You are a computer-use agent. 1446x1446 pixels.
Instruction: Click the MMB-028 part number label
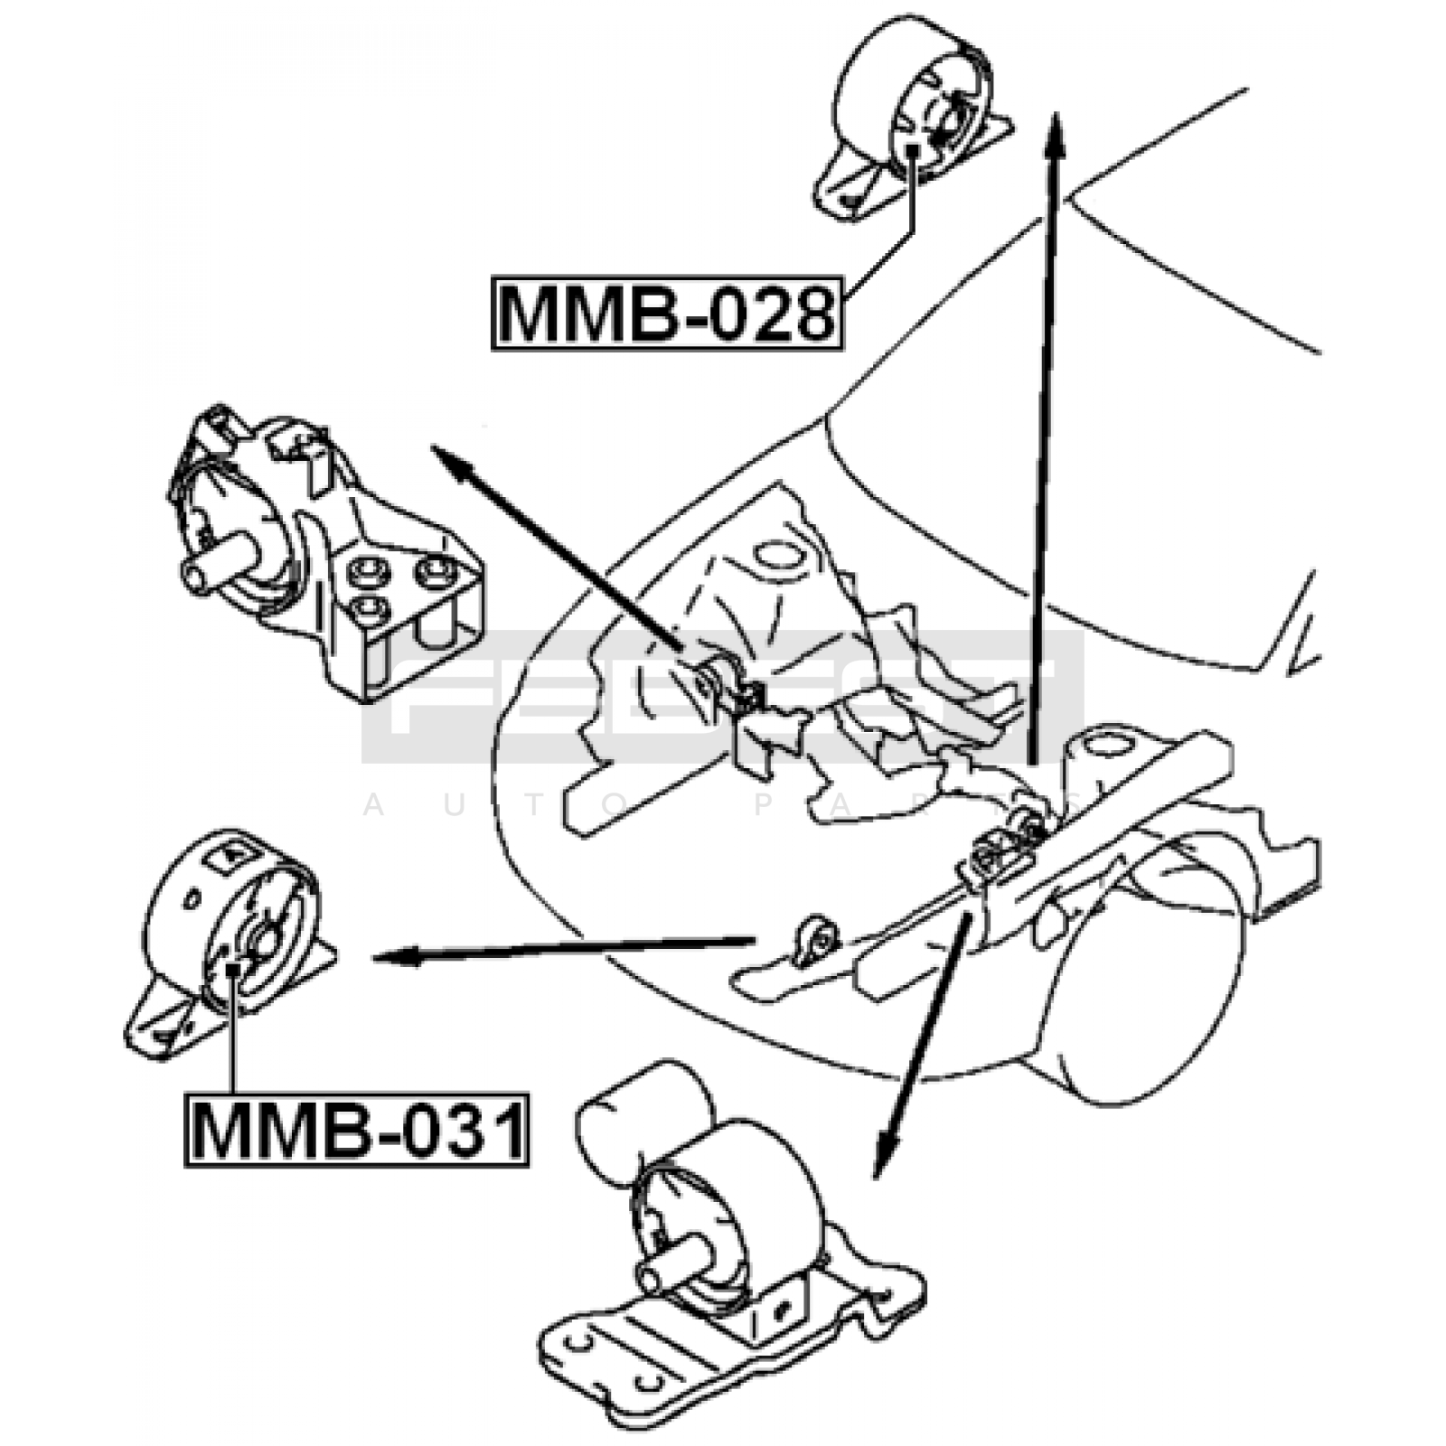coord(667,314)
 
